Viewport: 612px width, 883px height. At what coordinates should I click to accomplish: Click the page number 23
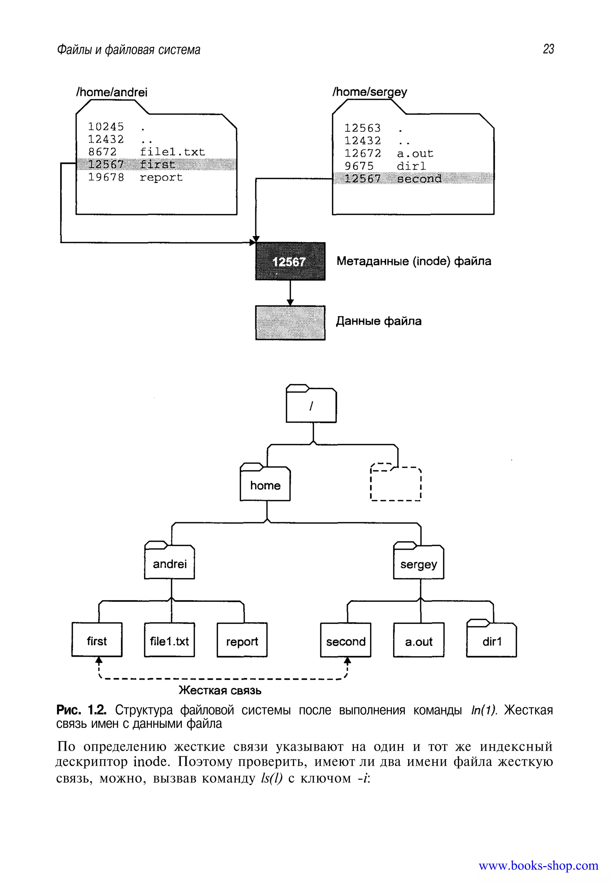coord(548,49)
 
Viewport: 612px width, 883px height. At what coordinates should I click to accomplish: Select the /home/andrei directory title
coord(111,92)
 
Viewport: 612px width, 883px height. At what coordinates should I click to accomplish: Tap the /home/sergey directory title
coord(370,92)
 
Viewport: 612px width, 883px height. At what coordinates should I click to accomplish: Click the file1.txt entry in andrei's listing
coord(172,152)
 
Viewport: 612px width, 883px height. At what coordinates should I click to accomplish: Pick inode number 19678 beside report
coord(106,177)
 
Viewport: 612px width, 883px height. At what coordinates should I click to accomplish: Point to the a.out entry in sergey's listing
coord(415,153)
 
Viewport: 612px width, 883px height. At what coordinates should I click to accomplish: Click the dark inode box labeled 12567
coord(290,262)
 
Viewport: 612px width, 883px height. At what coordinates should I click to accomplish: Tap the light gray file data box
coord(290,323)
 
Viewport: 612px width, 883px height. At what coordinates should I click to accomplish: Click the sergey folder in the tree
coord(418,564)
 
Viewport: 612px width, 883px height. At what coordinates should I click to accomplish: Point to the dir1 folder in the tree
coord(491,641)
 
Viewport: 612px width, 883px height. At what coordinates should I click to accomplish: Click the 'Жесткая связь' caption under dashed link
coord(220,691)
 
